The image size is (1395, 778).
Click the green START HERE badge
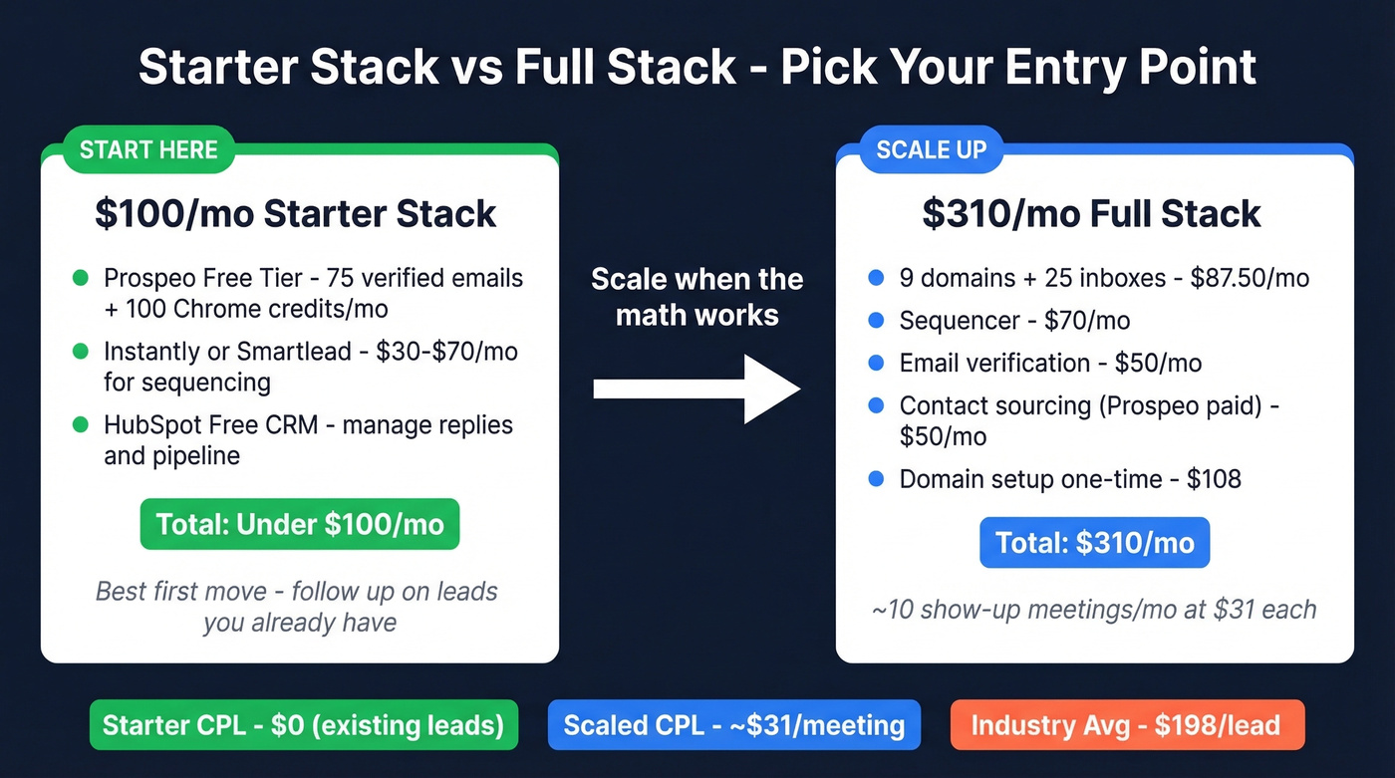click(x=148, y=150)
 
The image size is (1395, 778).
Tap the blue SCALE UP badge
click(x=931, y=150)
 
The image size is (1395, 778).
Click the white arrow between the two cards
click(x=697, y=389)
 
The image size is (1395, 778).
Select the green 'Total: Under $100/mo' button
click(x=299, y=524)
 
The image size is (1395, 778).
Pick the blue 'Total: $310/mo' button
click(x=1094, y=542)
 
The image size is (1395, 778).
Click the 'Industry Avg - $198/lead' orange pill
click(x=1126, y=725)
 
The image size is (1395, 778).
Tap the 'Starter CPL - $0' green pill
click(x=303, y=725)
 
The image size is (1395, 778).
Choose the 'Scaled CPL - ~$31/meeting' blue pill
click(x=734, y=725)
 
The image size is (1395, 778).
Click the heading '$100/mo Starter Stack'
click(x=296, y=214)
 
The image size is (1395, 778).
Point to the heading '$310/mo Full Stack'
click(x=1092, y=214)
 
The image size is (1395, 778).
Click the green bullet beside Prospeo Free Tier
click(x=81, y=278)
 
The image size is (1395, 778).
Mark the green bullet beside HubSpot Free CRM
click(x=81, y=425)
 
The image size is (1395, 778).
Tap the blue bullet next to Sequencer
click(x=876, y=321)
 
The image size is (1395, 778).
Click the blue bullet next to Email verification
click(x=876, y=363)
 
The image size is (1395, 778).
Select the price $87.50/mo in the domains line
click(x=1249, y=278)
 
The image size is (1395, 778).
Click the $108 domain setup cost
click(x=1214, y=479)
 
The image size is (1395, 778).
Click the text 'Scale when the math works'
click(x=697, y=297)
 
